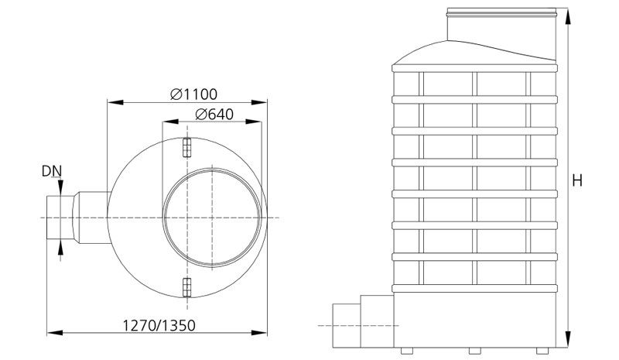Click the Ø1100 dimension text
point(194,94)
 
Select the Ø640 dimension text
point(214,115)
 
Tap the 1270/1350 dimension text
point(159,326)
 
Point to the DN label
point(52,171)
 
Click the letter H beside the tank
point(577,180)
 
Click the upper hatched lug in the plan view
point(187,147)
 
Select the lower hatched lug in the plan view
point(187,287)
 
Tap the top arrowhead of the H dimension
point(568,16)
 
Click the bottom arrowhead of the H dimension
point(568,339)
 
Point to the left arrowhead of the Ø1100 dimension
point(115,102)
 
